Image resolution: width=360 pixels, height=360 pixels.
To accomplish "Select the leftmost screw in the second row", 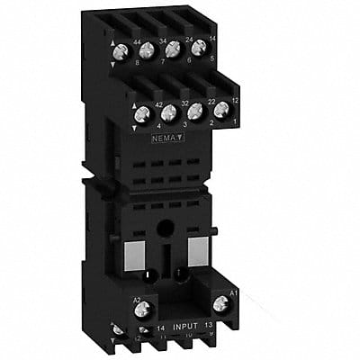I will coord(141,116).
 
